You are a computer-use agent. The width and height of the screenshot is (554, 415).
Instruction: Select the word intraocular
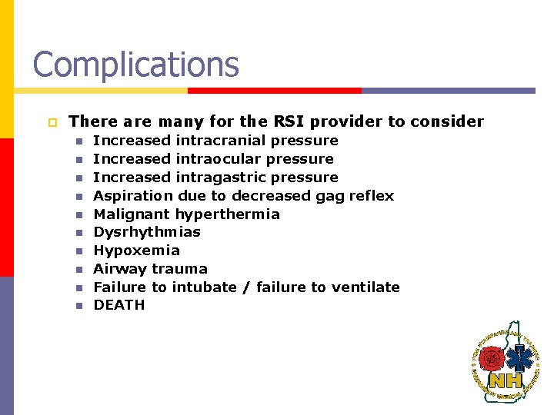216,159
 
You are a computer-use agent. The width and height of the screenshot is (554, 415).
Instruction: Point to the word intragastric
219,178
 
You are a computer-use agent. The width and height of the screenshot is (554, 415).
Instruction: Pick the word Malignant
132,214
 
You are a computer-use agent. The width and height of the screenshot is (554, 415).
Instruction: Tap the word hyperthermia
228,214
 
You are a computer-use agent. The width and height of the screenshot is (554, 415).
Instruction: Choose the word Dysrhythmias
147,232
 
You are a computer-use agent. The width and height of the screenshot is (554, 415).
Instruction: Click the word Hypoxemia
136,251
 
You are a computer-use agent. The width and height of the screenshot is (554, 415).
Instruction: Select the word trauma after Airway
179,269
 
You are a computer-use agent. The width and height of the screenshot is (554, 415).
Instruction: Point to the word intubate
204,287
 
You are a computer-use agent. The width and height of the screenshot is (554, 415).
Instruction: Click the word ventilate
365,287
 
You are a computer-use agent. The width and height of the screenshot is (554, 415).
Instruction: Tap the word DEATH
119,305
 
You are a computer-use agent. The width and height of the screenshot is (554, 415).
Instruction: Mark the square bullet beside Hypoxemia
78,251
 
